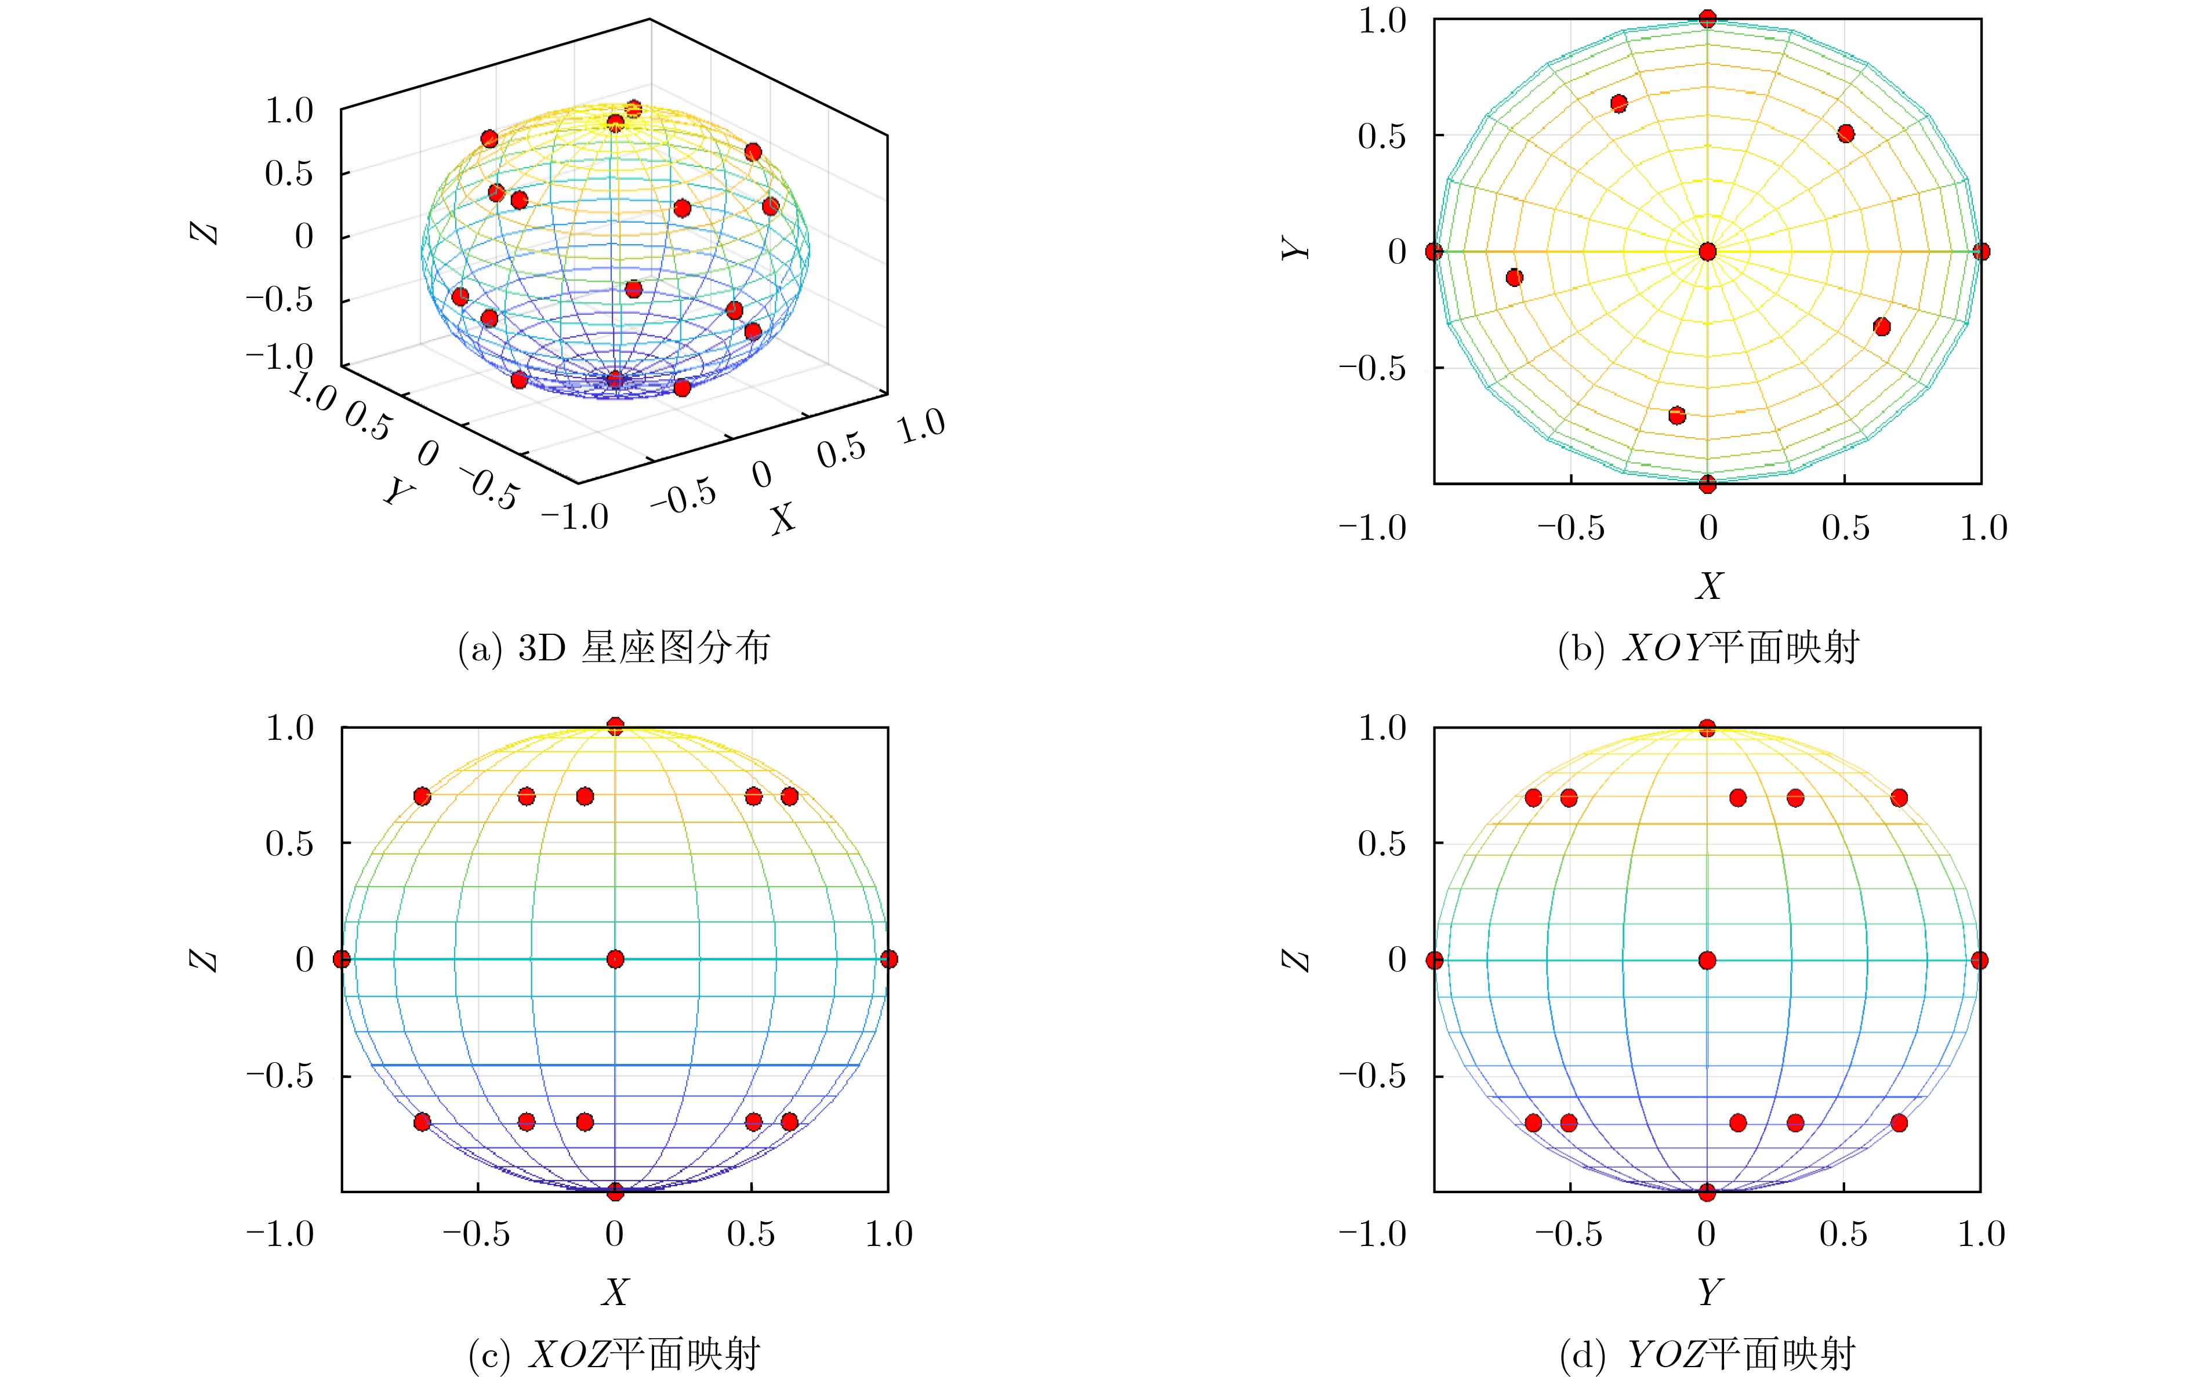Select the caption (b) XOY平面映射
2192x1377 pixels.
coord(1708,648)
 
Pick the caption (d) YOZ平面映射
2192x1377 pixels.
coord(1708,1354)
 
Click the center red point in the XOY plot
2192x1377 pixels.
coord(1708,251)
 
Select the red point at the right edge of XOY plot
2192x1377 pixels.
coord(1981,251)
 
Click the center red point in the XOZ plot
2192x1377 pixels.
coord(615,959)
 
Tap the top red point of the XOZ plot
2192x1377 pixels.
coord(615,726)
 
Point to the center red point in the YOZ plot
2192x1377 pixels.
coord(1708,960)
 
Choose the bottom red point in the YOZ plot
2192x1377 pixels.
coord(1708,1191)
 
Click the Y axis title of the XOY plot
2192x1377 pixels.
coord(1296,248)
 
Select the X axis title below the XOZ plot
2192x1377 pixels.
coord(615,1291)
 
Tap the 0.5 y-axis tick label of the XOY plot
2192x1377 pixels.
coord(1382,136)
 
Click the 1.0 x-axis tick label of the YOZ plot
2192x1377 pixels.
coord(1981,1234)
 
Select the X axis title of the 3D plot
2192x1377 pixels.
coord(782,519)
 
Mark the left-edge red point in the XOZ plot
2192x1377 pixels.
coord(342,959)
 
